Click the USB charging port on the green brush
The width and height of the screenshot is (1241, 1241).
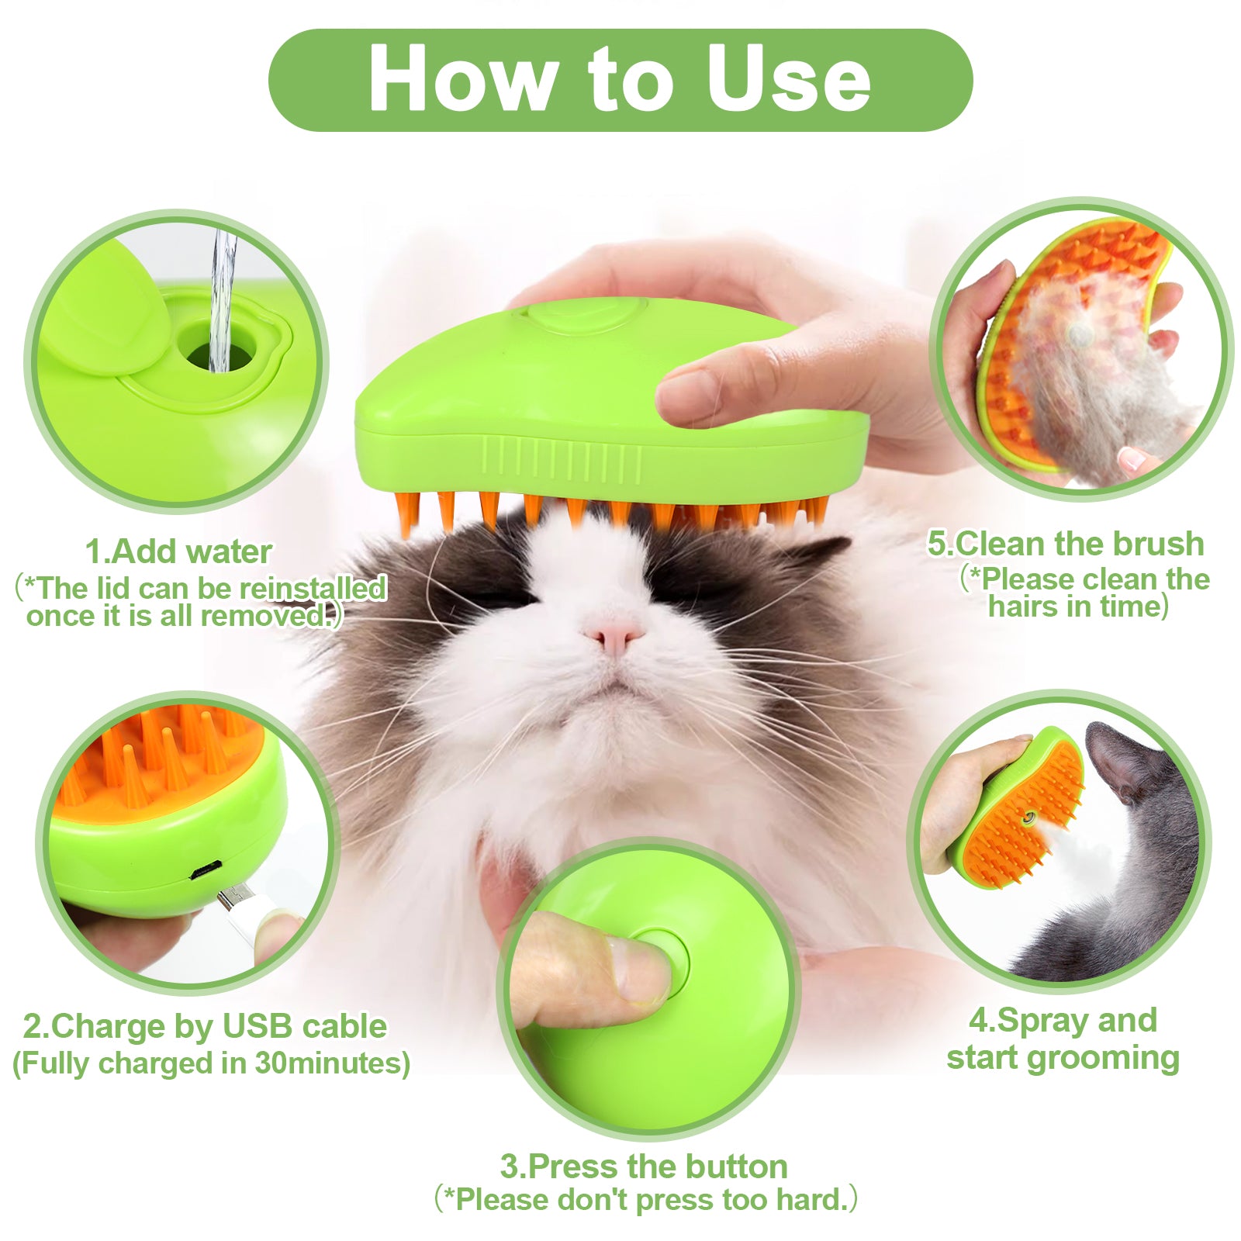click(x=206, y=871)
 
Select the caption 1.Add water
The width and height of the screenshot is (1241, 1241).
click(x=178, y=551)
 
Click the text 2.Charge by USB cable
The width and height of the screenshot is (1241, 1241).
click(x=205, y=1025)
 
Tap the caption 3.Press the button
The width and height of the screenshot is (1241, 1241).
click(x=643, y=1166)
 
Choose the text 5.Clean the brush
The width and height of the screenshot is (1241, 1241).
click(x=1066, y=544)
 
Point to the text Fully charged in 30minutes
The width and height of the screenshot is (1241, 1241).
click(x=211, y=1063)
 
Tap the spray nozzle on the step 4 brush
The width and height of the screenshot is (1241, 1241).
click(x=1029, y=818)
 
